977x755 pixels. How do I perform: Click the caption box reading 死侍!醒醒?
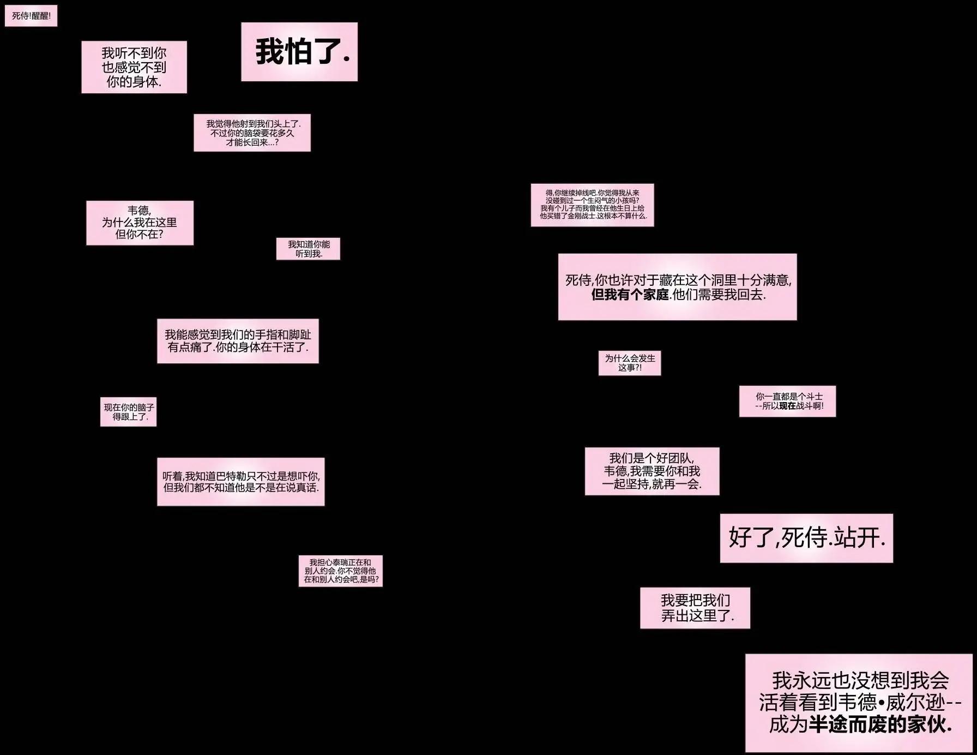coord(31,16)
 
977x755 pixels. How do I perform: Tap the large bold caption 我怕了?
coord(299,52)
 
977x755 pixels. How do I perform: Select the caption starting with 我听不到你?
coord(134,67)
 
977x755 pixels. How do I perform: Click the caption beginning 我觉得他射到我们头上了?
coord(252,133)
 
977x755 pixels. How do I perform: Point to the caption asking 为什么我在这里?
coord(140,223)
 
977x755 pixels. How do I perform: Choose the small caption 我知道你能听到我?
coord(308,248)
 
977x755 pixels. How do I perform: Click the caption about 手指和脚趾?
coord(238,341)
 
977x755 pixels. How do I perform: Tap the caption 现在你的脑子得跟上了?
coord(128,412)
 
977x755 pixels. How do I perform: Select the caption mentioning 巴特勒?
coord(241,482)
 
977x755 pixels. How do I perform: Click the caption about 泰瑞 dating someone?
coord(341,571)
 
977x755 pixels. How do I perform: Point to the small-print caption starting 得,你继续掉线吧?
coord(593,205)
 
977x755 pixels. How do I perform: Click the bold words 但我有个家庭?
coord(630,295)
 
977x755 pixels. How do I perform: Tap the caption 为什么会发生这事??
coord(630,363)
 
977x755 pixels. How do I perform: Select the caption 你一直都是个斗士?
coord(787,402)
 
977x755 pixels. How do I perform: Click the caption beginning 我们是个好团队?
coord(652,471)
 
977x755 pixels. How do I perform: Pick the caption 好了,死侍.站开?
coord(806,538)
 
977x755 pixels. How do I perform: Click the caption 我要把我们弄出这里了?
coord(695,608)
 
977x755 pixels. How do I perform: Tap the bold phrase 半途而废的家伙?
coord(880,724)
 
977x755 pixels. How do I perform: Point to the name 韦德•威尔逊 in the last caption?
coord(892,703)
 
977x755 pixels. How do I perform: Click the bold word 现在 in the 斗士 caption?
coord(787,406)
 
